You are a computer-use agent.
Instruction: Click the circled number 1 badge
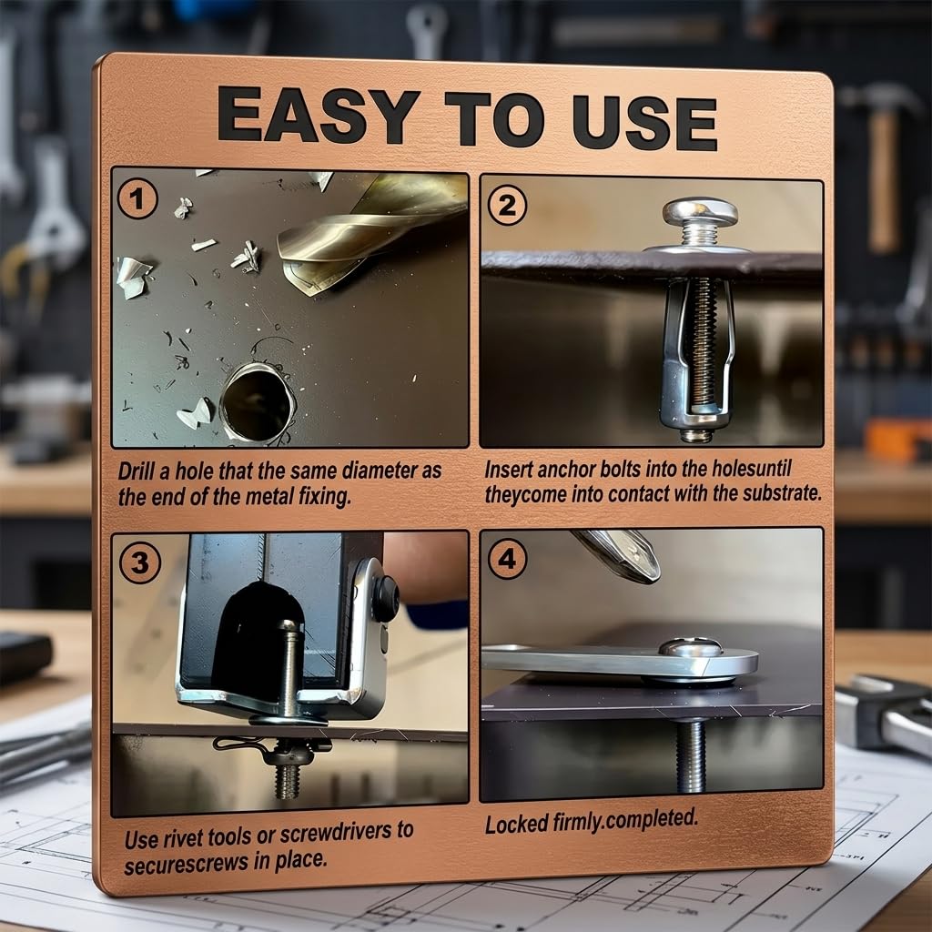(137, 199)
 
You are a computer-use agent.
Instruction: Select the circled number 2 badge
(507, 205)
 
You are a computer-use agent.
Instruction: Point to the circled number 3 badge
(139, 562)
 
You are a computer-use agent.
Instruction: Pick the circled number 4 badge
(507, 559)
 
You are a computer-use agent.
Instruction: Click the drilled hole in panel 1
(258, 402)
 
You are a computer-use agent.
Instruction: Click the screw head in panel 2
(700, 211)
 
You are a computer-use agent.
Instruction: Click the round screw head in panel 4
(692, 647)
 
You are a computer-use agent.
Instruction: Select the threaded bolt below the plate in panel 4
(691, 755)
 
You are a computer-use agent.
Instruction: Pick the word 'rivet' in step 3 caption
(182, 838)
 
